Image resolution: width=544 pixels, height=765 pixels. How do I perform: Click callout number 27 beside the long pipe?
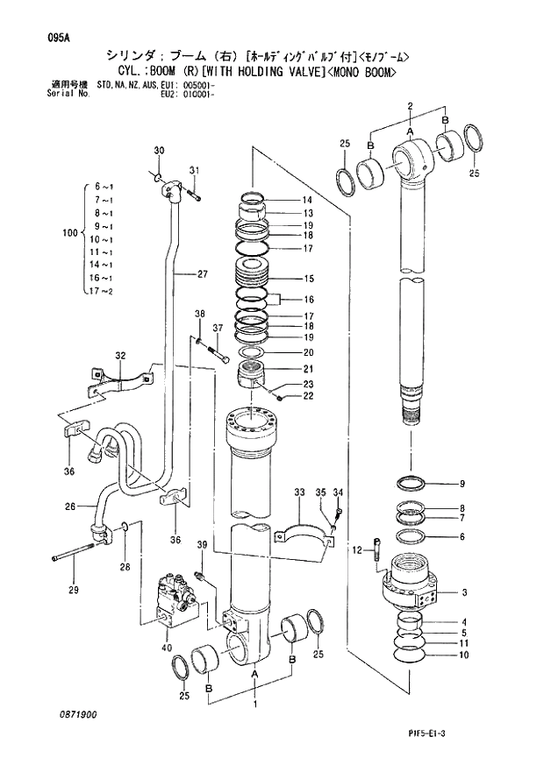click(202, 274)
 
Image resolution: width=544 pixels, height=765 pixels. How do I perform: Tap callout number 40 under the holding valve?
click(167, 648)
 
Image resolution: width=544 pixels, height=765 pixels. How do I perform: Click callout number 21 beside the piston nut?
click(309, 368)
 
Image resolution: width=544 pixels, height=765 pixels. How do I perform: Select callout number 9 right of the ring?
click(463, 484)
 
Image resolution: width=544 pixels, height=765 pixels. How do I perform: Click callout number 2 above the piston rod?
click(410, 106)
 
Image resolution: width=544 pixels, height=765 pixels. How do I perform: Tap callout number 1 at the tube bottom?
click(255, 703)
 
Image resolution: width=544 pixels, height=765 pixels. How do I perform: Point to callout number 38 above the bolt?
click(199, 315)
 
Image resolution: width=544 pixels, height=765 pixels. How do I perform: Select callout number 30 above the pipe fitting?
click(159, 151)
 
